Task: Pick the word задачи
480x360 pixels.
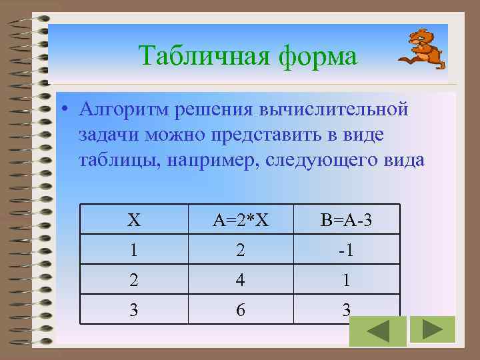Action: tap(107, 135)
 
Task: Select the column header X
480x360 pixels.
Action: tap(134, 220)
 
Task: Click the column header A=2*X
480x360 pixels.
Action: tap(241, 220)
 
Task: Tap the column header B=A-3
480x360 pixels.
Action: tap(347, 220)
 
